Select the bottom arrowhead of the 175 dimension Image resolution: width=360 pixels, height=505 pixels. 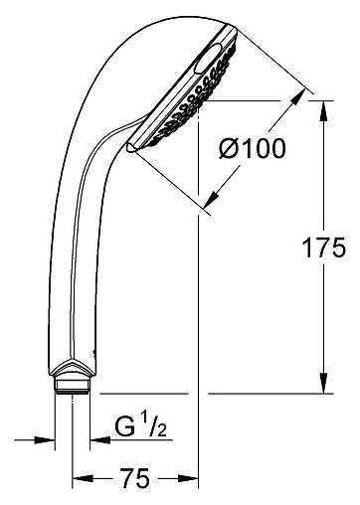tap(323, 389)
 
